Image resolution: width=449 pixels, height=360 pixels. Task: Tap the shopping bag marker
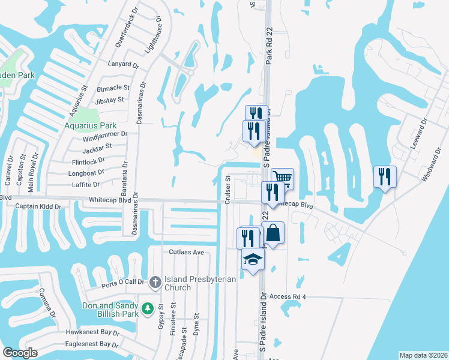point(273,233)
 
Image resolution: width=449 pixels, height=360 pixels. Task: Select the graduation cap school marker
point(253,260)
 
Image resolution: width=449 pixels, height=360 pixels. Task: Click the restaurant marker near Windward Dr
point(385,176)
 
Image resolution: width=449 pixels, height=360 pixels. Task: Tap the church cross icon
point(155,281)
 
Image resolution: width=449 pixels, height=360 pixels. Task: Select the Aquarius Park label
point(90,126)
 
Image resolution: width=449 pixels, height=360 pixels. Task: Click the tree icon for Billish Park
point(148,309)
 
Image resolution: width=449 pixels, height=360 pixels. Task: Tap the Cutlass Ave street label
point(187,253)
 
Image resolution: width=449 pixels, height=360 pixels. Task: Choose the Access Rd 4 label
point(288,297)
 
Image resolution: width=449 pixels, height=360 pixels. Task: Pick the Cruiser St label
point(228,190)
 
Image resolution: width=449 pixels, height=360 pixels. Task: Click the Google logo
point(20,353)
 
